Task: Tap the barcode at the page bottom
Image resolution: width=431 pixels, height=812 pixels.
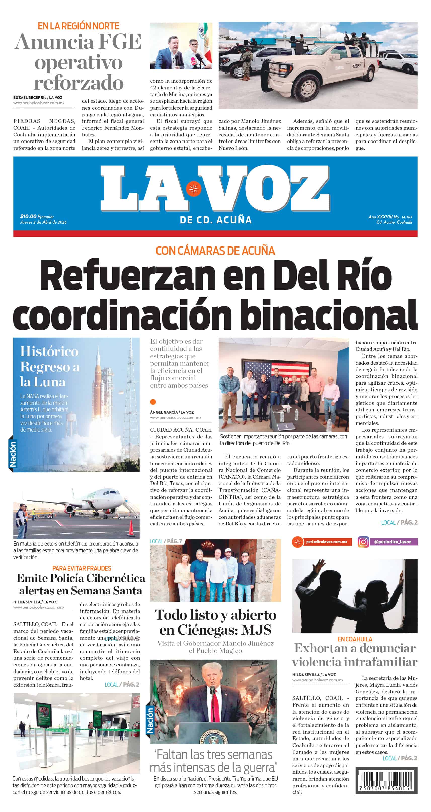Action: tap(386, 780)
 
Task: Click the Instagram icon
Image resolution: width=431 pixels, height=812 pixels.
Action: tap(363, 542)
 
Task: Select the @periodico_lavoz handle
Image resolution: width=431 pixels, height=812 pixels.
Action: tap(392, 542)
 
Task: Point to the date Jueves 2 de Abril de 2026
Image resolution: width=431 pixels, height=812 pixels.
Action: tap(43, 222)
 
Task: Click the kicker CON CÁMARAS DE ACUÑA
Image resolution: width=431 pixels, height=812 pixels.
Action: tap(215, 251)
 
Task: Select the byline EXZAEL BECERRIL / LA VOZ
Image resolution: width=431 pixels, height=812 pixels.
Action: tap(38, 97)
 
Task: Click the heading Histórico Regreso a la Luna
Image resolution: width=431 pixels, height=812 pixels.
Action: tap(50, 366)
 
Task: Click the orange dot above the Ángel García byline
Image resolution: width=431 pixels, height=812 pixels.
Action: tap(153, 402)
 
